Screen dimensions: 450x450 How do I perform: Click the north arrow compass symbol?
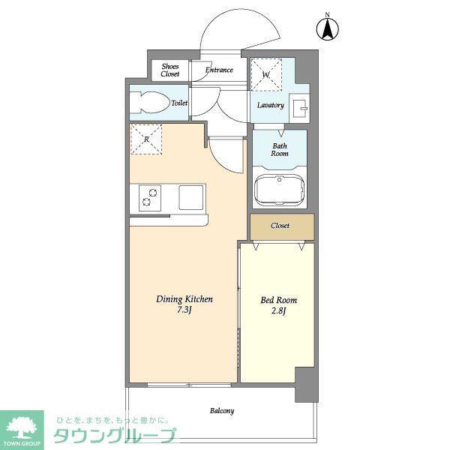pos(328,28)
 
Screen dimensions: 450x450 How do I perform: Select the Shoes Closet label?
pos(170,70)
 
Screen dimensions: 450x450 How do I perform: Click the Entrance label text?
pos(219,70)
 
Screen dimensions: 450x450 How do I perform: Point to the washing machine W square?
pos(266,74)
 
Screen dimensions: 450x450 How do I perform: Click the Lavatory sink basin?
pos(299,108)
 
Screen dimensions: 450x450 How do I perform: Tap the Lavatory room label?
pos(270,105)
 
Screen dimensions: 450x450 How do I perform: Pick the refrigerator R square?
pos(146,139)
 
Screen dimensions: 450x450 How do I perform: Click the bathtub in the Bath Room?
pos(280,190)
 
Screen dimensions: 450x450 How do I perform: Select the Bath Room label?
pos(280,149)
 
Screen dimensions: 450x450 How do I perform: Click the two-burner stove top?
pos(150,198)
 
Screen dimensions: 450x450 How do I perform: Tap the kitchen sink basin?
pos(190,197)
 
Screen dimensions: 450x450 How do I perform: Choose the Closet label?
pos(280,226)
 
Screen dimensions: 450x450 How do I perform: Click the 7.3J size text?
pos(184,310)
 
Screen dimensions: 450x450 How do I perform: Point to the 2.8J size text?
pos(278,311)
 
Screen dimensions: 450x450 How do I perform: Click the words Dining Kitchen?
pos(184,299)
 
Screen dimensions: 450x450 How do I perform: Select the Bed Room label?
pos(279,300)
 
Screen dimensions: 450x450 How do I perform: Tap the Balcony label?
pos(222,411)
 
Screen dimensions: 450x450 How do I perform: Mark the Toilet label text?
pos(179,103)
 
